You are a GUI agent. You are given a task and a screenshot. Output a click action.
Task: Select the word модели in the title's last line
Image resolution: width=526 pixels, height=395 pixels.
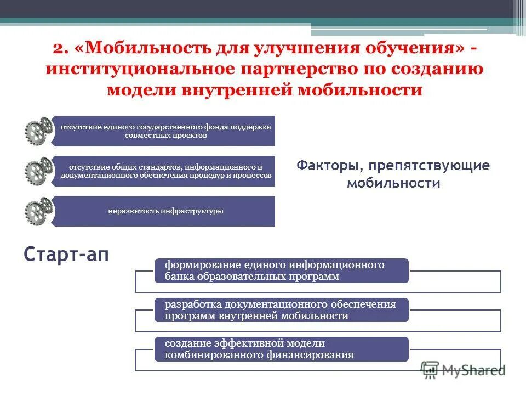[x=137, y=89]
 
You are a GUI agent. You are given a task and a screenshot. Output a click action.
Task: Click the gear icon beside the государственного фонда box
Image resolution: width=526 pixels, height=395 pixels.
[x=38, y=131]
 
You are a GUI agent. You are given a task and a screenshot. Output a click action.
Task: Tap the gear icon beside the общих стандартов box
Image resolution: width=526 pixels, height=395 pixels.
[x=38, y=171]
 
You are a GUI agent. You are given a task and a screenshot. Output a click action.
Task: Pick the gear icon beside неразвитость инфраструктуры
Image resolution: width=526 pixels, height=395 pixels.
[x=38, y=211]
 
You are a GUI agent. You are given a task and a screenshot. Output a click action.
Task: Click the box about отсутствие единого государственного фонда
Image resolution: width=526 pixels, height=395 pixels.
[x=164, y=131]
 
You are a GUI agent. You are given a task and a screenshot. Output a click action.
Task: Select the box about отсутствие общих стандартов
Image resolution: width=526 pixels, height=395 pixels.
[x=164, y=171]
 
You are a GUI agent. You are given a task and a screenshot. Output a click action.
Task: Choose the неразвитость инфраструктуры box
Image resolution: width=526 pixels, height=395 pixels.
[x=164, y=211]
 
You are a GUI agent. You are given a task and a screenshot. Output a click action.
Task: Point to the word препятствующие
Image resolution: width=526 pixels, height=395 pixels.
[x=428, y=166]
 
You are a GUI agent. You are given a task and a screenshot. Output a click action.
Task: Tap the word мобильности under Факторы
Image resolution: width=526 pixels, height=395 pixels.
[x=393, y=183]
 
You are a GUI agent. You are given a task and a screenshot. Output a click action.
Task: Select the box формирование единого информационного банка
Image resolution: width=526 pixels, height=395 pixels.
[x=282, y=271]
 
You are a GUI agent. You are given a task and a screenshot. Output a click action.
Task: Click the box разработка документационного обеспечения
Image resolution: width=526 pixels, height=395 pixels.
[x=282, y=310]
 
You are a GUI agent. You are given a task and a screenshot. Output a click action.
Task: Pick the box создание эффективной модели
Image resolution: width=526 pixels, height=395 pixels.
[x=282, y=349]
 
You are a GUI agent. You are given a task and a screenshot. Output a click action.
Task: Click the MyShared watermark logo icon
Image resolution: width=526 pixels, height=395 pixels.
[x=431, y=369]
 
